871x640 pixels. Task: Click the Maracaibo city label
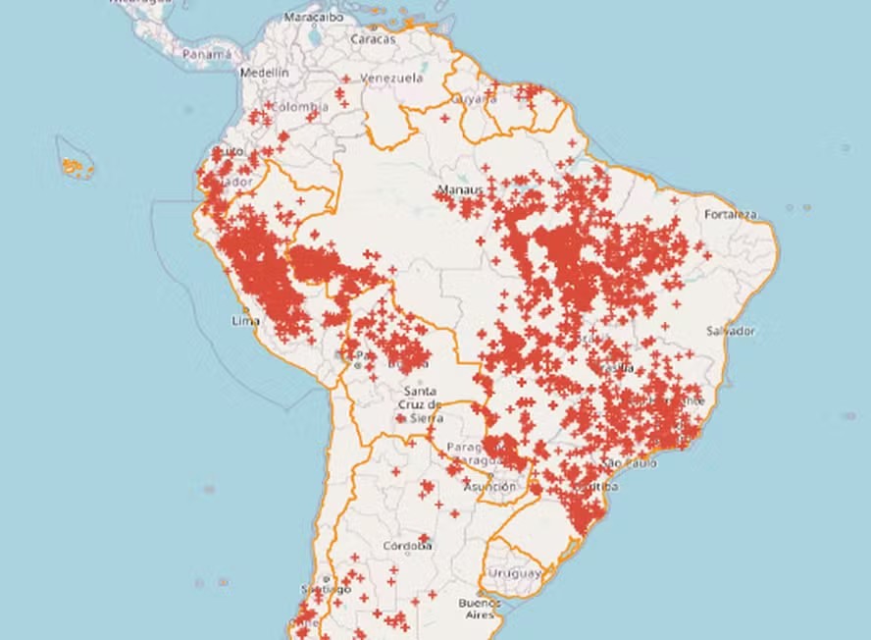314,17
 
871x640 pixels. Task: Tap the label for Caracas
374,39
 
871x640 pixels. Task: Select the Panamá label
207,54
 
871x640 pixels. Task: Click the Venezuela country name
392,78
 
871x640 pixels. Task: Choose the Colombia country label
299,106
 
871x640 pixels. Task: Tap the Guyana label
473,99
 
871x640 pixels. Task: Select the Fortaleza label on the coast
731,214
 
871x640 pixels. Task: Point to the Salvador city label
729,331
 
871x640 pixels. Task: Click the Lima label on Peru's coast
243,321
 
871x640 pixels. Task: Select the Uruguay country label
514,572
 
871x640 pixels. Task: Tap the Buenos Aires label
481,608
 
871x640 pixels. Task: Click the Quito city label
229,151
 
